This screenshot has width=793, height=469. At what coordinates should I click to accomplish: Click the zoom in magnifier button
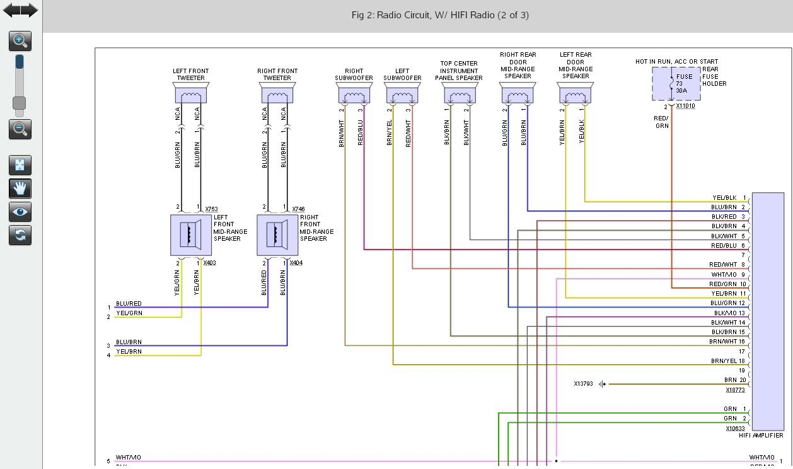click(x=20, y=41)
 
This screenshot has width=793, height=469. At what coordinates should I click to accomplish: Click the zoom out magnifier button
click(x=20, y=129)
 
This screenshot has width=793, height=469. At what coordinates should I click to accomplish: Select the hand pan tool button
click(x=20, y=188)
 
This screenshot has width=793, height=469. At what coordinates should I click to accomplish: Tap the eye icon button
click(x=20, y=212)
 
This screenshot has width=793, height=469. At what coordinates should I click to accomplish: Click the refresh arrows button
click(x=20, y=235)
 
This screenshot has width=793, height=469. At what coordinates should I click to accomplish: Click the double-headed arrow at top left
click(x=20, y=10)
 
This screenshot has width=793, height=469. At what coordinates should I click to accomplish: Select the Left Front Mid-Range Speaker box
click(x=191, y=234)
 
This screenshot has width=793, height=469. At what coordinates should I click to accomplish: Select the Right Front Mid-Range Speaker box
click(x=277, y=234)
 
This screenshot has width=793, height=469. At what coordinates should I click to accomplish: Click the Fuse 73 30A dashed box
click(x=676, y=84)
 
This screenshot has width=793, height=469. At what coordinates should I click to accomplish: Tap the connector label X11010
click(x=685, y=106)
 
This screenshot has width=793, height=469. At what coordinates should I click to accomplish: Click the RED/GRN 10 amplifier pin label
click(x=728, y=284)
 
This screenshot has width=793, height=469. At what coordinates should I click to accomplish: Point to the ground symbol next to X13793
click(x=603, y=384)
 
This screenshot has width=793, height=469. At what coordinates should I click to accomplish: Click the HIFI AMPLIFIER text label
click(x=760, y=435)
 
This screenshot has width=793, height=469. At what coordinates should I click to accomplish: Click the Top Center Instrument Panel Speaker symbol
click(x=460, y=96)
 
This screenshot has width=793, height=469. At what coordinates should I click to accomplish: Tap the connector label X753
click(x=211, y=209)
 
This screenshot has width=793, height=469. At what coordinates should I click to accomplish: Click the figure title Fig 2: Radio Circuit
click(x=440, y=15)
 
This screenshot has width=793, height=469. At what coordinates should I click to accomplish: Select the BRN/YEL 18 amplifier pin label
click(x=728, y=361)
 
